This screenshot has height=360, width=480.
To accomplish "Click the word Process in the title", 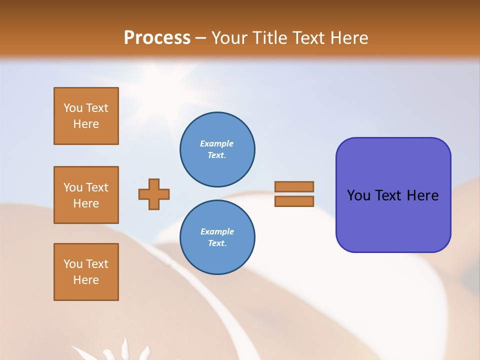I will pos(157,37).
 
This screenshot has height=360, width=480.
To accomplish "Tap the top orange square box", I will pos(86,116).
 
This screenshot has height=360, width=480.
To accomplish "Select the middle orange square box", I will pos(86,195).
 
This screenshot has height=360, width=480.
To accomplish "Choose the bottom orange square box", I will pos(86,272).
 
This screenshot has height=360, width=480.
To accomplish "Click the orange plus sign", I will pos(154,194).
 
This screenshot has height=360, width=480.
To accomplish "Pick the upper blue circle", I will pos(217,149).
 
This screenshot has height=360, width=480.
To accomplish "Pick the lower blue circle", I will pos(217,237).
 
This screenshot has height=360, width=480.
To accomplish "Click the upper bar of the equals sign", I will pos(294,186).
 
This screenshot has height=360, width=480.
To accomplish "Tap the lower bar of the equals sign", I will pos(294,201).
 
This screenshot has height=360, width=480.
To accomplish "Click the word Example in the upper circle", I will pos(217,143).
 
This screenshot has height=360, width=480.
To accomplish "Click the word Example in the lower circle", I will pos(217,231).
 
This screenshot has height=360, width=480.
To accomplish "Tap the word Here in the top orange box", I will pos(86,124).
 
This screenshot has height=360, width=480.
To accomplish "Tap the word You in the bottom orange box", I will pos(73,264).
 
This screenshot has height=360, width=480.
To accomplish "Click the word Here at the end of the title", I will pos(350,38).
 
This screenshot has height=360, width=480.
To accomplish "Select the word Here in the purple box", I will pos(422,195).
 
